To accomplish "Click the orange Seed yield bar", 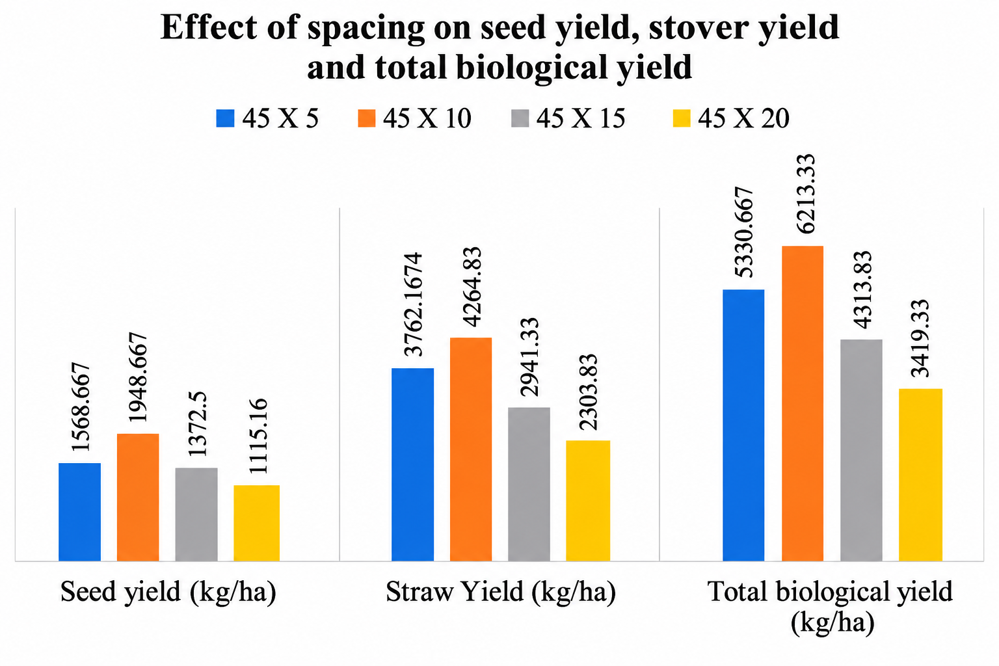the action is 138,497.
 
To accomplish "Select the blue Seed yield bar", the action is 79,512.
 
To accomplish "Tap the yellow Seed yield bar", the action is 256,523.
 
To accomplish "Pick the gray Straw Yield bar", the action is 529,484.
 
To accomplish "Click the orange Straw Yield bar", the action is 470,449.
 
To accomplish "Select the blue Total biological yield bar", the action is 743,425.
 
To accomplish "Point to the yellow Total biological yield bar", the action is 920,475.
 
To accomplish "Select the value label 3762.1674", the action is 412,304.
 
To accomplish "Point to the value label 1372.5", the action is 198,424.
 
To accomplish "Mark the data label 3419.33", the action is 920,338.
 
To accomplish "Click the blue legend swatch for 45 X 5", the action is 225,118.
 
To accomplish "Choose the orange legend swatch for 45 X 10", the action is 367,118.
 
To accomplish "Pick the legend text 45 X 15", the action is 581,118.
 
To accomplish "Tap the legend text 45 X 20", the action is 743,118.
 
